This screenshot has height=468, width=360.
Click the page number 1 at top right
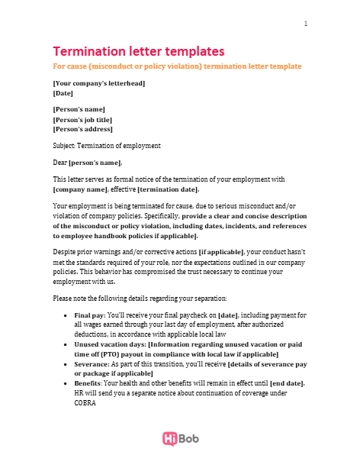(306, 23)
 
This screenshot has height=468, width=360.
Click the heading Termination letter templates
(138, 51)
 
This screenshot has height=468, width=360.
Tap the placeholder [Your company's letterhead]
(98, 82)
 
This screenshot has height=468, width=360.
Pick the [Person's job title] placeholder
(82, 119)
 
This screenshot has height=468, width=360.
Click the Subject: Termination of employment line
(106, 146)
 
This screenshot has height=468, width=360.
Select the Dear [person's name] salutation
(87, 163)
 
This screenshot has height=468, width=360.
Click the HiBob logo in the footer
(180, 438)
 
